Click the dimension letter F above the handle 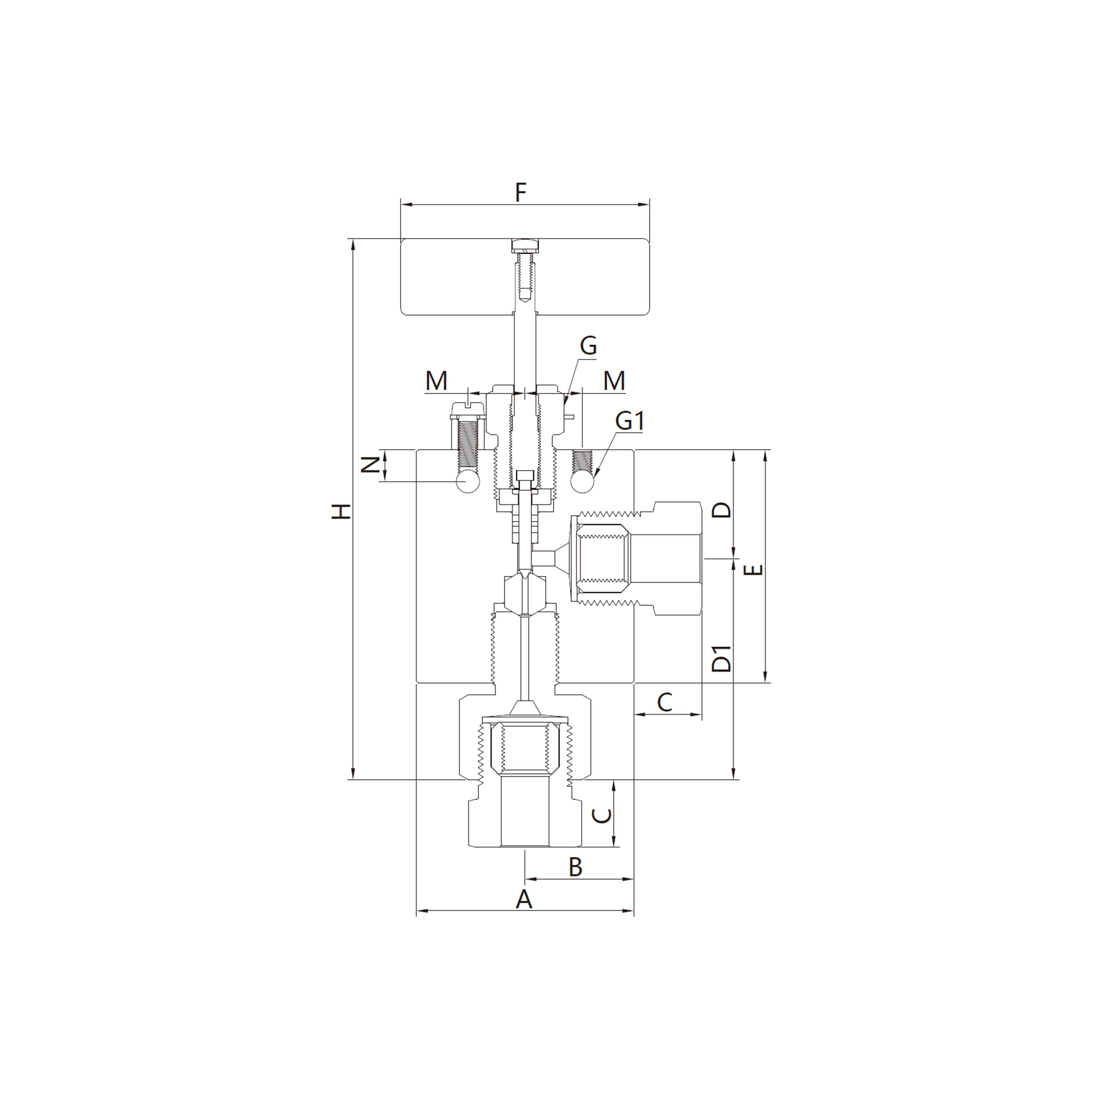pyautogui.click(x=520, y=192)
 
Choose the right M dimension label pyautogui.click(x=614, y=381)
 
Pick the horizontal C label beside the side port pyautogui.click(x=665, y=702)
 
